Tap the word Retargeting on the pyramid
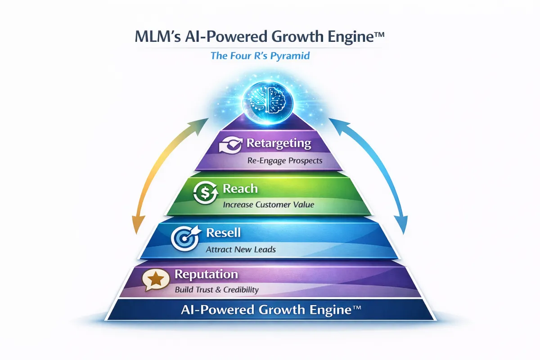pyautogui.click(x=279, y=144)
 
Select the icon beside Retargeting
pyautogui.click(x=230, y=146)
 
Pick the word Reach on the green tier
pyautogui.click(x=240, y=189)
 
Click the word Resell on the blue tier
pyautogui.click(x=223, y=233)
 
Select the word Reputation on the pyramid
pyautogui.click(x=206, y=274)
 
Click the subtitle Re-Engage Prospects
pyautogui.click(x=285, y=161)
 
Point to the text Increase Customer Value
pyautogui.click(x=268, y=205)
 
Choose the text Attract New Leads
pyautogui.click(x=240, y=249)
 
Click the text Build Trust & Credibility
pyautogui.click(x=216, y=290)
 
